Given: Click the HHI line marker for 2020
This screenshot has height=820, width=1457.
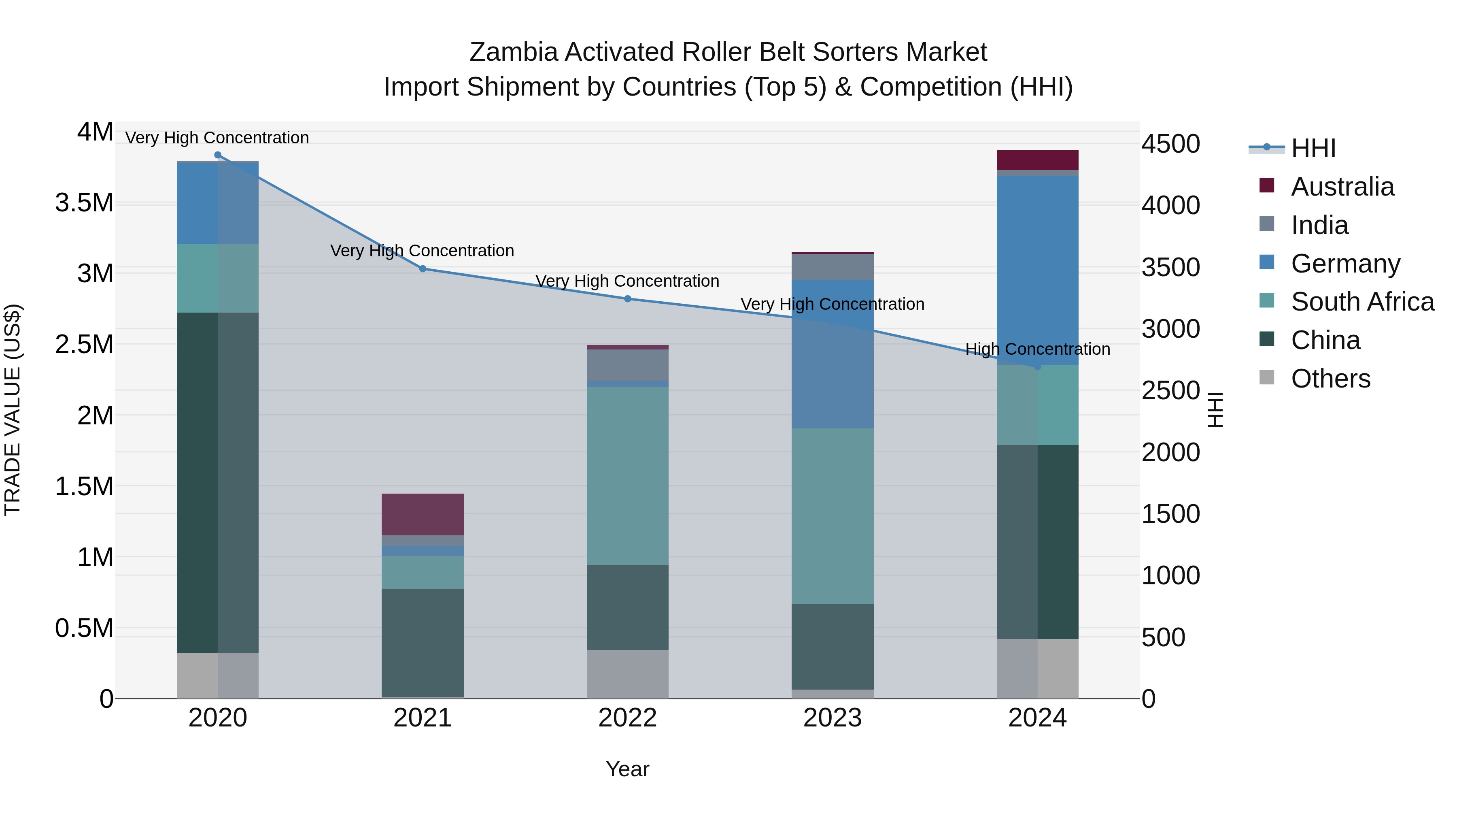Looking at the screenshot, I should pos(218,155).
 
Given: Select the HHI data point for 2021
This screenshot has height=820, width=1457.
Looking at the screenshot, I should pos(423,269).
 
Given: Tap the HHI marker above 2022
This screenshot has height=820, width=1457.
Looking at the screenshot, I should pos(627,299).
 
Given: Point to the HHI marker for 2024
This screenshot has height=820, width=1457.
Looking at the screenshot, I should pos(1037,367).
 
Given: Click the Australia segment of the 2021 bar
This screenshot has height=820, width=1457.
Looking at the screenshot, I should pos(423,514).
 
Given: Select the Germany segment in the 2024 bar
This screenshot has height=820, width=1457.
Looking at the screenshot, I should pos(1037,270).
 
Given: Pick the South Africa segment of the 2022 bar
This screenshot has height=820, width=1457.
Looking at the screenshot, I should pos(627,476).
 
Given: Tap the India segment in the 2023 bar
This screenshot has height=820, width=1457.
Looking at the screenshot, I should pos(832,266).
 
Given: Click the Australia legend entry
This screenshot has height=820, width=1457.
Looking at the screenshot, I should pos(1342,187).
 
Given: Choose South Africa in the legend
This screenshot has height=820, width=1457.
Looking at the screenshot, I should pos(1362,302).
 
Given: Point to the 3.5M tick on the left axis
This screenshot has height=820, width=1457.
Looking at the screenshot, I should pos(84,202).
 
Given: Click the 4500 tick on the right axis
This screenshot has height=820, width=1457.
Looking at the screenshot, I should pos(1170,144).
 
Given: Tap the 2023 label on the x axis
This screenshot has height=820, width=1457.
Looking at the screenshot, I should pos(832,718).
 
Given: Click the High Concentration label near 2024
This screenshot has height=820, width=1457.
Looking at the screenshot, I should pos(1037,349).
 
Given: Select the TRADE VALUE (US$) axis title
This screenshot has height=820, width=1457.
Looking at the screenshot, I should pos(13,410).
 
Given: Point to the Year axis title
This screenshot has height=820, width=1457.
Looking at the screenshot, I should pos(627,769).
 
